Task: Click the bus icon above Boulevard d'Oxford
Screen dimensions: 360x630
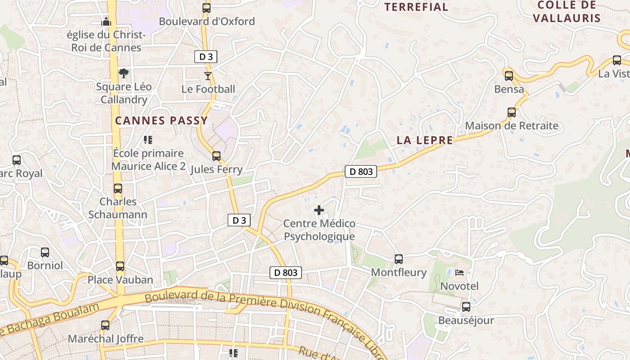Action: point(207,8)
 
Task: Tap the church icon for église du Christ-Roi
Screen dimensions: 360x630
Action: point(106,21)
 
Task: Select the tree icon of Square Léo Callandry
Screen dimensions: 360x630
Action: point(124,73)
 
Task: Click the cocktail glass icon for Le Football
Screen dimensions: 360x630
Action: point(208,76)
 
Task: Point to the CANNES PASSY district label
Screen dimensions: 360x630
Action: point(162,121)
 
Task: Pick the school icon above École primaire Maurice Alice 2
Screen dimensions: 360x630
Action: point(148,140)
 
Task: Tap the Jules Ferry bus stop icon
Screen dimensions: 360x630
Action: point(216,156)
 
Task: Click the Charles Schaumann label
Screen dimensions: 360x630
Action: point(118,208)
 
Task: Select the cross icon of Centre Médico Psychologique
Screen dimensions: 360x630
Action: point(319,210)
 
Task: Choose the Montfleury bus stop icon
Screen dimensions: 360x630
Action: point(399,259)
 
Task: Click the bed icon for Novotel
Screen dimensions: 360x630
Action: point(459,273)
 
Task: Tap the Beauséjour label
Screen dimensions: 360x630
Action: point(466,320)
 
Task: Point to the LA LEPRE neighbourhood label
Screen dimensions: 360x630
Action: point(425,140)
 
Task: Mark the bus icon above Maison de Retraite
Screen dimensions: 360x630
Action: point(512,112)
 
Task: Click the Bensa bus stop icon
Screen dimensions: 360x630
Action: point(509,76)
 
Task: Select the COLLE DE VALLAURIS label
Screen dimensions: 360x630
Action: point(567,11)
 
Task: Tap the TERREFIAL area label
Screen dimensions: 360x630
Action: point(416,7)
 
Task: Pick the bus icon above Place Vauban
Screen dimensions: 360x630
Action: point(120,266)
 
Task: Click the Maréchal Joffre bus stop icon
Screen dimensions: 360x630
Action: point(105,325)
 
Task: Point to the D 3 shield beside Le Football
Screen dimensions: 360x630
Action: point(206,57)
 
